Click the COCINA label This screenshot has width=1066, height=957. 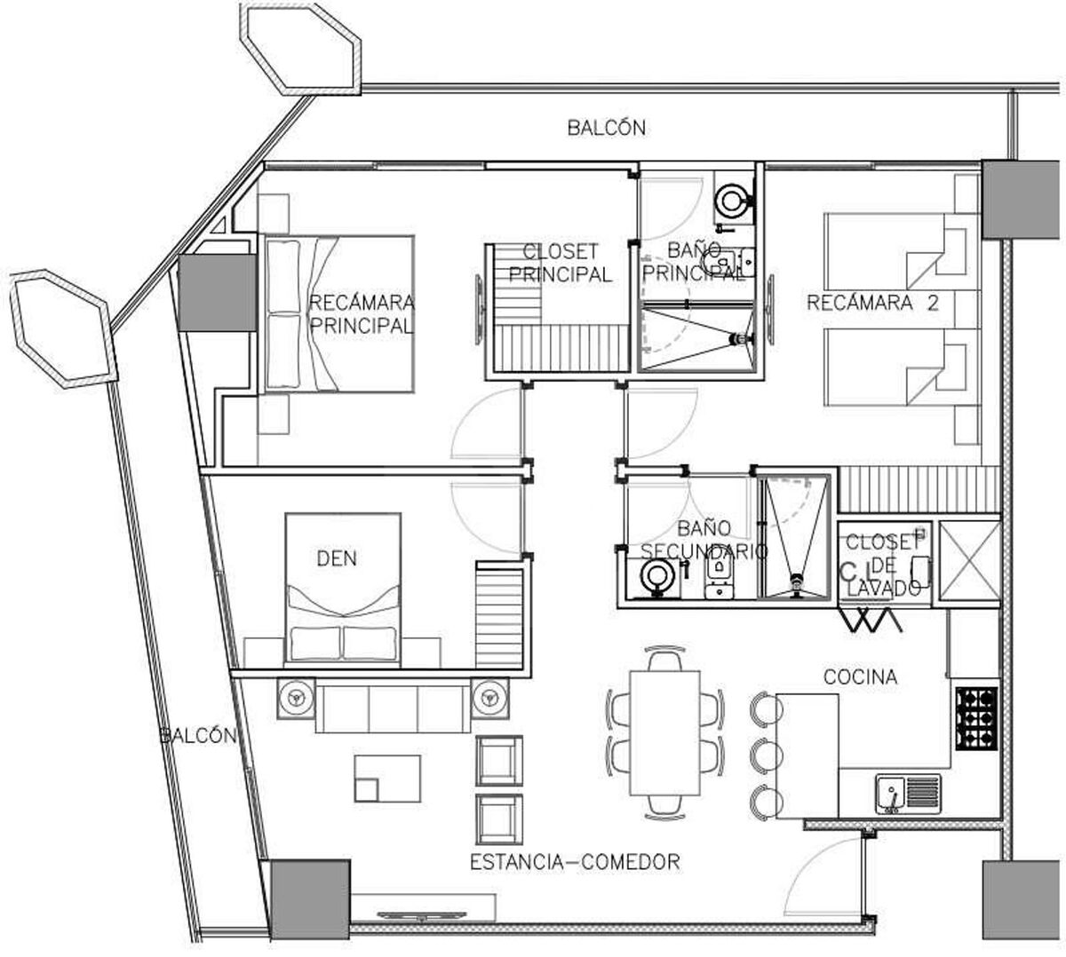(860, 676)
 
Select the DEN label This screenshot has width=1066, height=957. (337, 558)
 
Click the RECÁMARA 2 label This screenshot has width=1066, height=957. (873, 303)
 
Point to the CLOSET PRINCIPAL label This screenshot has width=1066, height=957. (561, 263)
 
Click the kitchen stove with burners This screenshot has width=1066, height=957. (976, 718)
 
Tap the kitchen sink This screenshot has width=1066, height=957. (908, 794)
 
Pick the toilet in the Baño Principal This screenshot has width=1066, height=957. (734, 202)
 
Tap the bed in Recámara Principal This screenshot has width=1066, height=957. (339, 314)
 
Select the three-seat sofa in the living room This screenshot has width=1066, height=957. (393, 706)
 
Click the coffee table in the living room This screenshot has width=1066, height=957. (388, 779)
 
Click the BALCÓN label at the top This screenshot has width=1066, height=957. (606, 128)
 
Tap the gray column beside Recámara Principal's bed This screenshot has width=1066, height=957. (217, 293)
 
